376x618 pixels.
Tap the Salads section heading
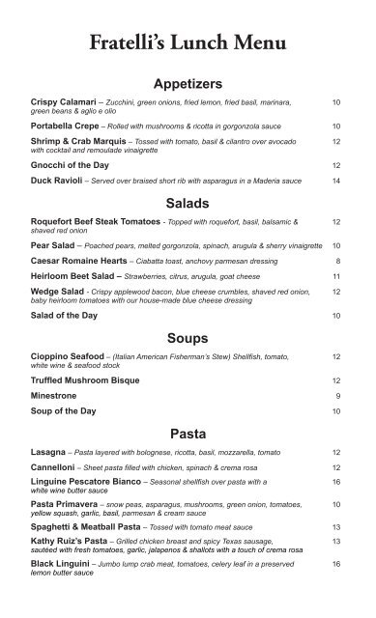[188, 204]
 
